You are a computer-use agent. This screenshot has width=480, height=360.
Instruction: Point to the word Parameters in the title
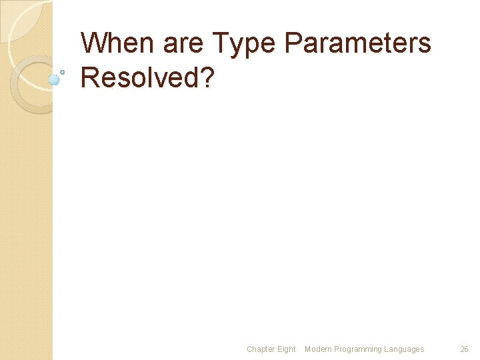pos(358,44)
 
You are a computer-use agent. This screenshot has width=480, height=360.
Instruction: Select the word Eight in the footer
pos(286,349)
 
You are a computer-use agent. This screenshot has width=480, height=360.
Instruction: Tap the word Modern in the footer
pos(318,349)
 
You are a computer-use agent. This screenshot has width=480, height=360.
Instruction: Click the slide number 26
pos(465,349)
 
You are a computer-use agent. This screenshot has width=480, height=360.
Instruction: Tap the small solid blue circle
pos(54,80)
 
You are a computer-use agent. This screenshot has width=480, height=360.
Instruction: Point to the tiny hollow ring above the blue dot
pos(62,71)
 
